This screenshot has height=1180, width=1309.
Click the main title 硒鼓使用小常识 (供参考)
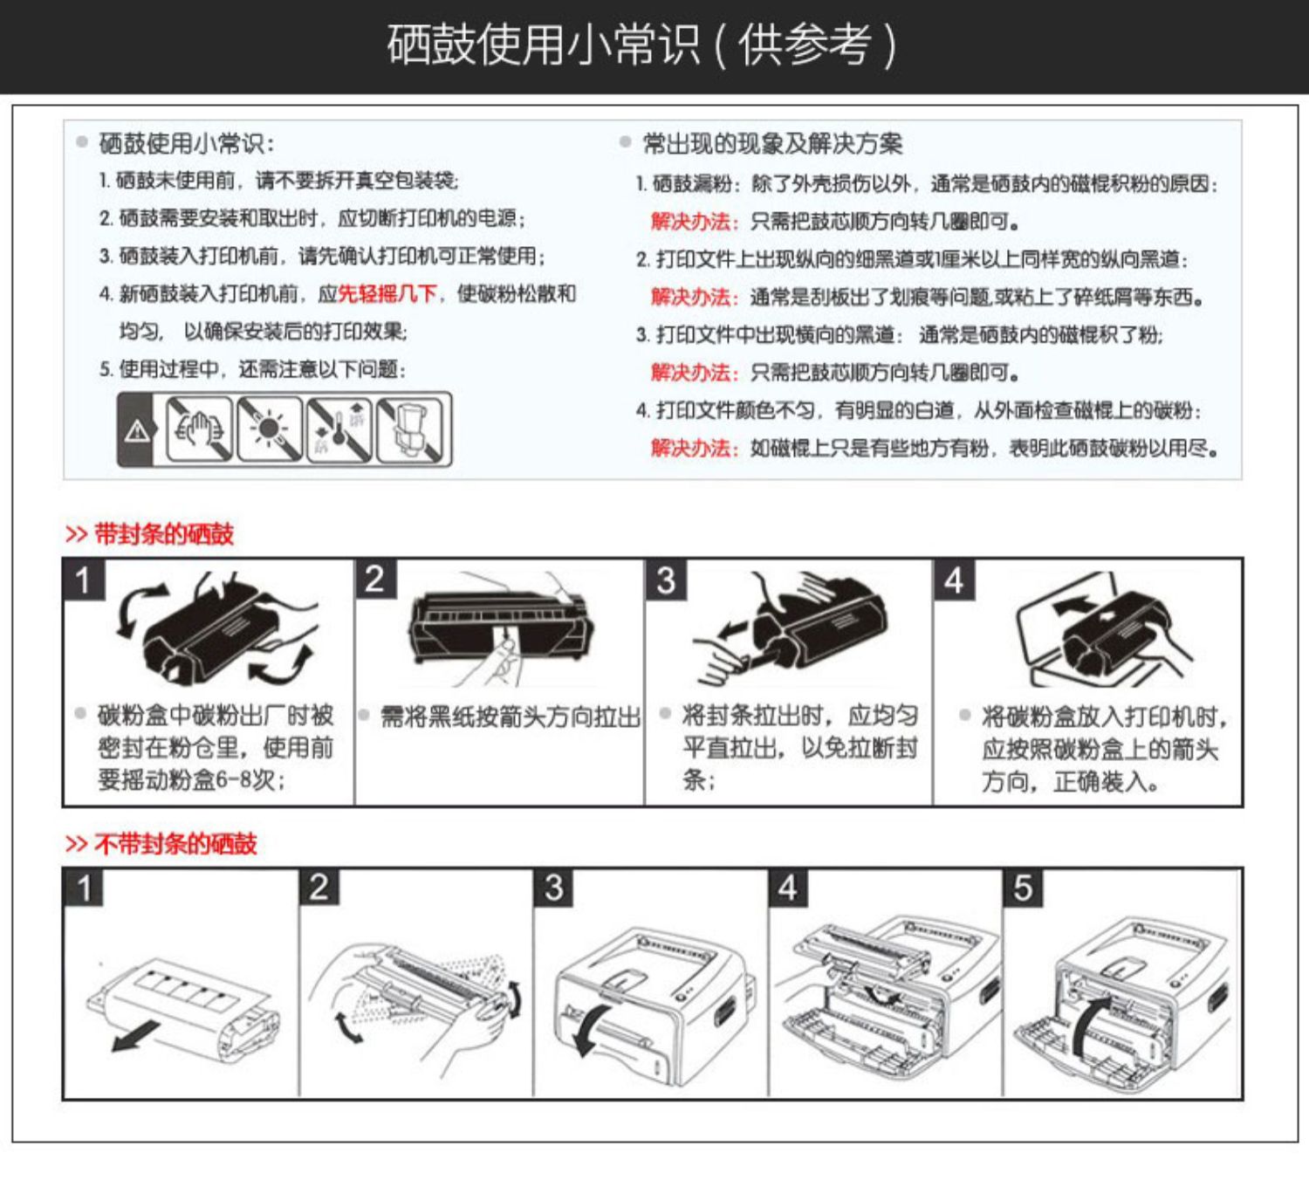(x=641, y=45)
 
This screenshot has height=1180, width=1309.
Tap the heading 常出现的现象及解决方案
(x=772, y=143)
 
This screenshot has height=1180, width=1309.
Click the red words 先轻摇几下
(x=387, y=294)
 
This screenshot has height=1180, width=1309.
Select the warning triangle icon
(x=137, y=429)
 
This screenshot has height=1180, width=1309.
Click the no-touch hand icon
(x=200, y=429)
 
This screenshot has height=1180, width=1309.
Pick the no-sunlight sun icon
(x=269, y=429)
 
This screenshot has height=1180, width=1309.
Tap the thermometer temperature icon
(x=339, y=429)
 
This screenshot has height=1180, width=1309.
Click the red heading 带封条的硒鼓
(x=163, y=534)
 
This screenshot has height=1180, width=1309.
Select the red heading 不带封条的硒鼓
(x=175, y=844)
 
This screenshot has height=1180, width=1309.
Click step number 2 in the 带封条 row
(x=375, y=579)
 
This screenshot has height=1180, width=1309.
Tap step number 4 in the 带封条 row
(x=954, y=580)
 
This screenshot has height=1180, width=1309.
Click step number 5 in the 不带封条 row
(x=1023, y=888)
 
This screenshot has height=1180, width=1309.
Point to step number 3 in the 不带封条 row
(x=554, y=888)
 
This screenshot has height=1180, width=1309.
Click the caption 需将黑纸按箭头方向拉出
(x=511, y=717)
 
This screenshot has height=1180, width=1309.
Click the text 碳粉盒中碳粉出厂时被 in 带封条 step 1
(x=216, y=716)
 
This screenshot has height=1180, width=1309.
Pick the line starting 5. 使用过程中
(x=252, y=369)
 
